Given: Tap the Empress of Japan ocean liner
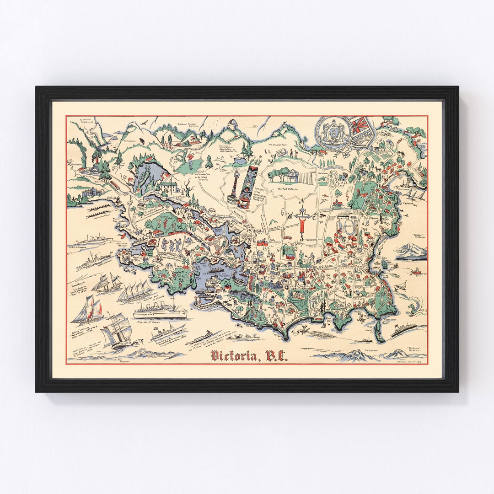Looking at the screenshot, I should [x=160, y=313].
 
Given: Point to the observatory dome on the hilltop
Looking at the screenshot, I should [x=233, y=124].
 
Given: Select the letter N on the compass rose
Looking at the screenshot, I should [x=301, y=202].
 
